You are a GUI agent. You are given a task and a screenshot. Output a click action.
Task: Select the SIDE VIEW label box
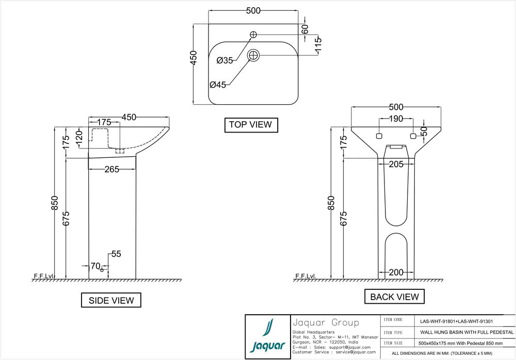tap(111, 300)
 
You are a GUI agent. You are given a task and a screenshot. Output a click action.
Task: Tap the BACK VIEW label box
tap(394, 296)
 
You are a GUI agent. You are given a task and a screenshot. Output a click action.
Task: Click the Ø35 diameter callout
tap(225, 61)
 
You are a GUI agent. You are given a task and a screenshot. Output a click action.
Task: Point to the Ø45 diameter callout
tap(218, 85)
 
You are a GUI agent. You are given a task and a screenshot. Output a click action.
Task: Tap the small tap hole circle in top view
tap(253, 35)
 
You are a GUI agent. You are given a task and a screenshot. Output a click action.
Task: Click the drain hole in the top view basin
tap(253, 55)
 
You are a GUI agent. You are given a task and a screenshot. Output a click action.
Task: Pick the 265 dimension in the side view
tap(112, 169)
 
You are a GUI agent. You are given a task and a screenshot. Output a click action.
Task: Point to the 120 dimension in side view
tap(79, 138)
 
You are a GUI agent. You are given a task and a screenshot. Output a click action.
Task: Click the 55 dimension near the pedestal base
tap(116, 254)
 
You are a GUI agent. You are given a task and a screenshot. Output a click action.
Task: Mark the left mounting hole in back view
tap(378, 136)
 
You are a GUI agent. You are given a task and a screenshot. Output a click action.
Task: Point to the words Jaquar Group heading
tap(325, 323)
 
